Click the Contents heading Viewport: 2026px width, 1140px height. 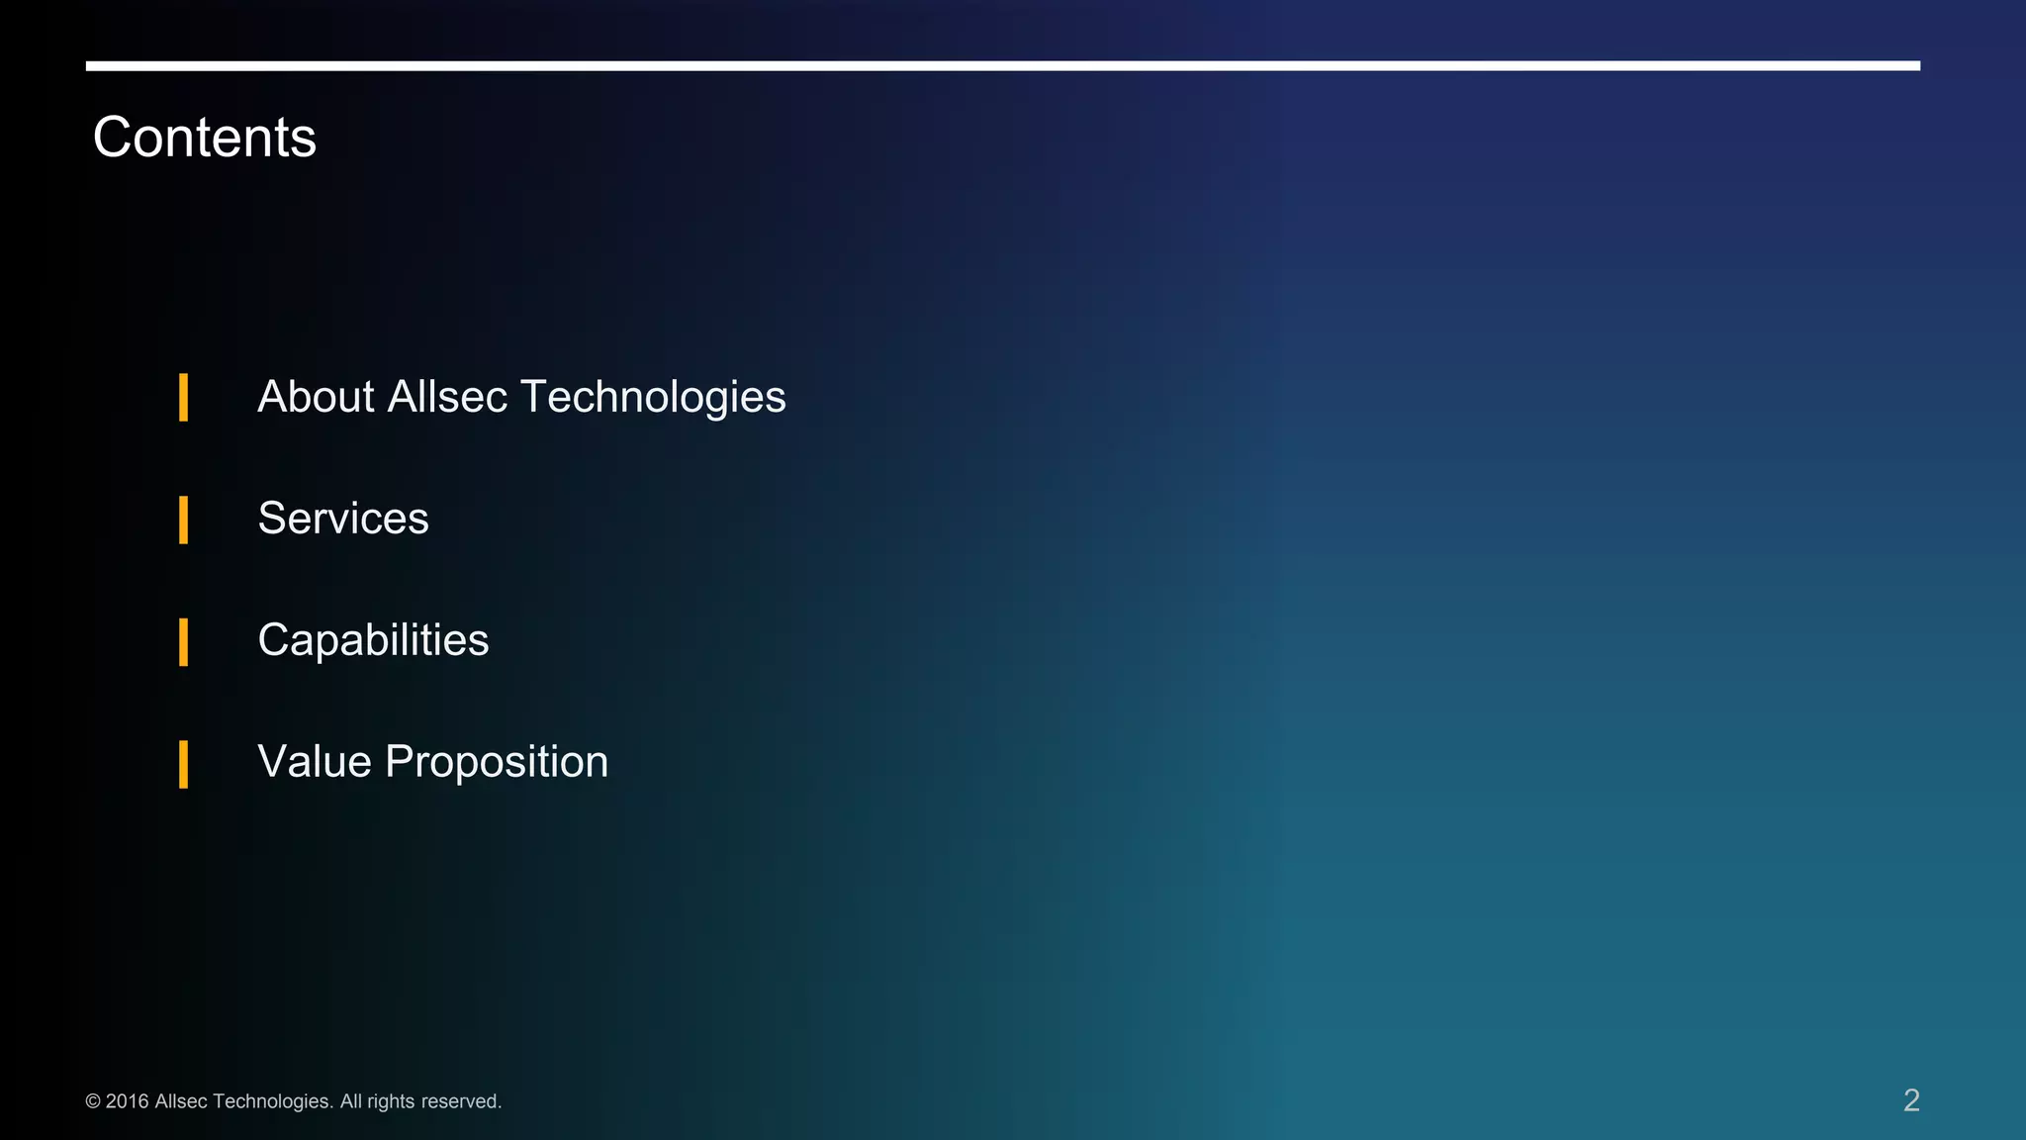coord(204,137)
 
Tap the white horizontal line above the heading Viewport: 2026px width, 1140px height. coord(1002,66)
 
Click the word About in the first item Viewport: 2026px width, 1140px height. coord(316,397)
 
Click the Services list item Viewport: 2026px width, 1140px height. coord(343,519)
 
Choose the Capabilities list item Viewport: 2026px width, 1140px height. coord(373,640)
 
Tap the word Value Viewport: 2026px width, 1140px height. coord(315,762)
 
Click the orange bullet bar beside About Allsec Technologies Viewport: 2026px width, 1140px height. coord(183,398)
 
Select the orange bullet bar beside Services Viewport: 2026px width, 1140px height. coord(183,520)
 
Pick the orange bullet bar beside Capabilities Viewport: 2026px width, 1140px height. coord(183,641)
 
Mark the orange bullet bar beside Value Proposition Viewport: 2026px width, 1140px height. coord(183,764)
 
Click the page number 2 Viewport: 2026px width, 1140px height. coord(1911,1100)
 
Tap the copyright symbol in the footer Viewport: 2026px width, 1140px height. coord(93,1101)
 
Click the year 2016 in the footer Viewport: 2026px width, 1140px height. coord(127,1101)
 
